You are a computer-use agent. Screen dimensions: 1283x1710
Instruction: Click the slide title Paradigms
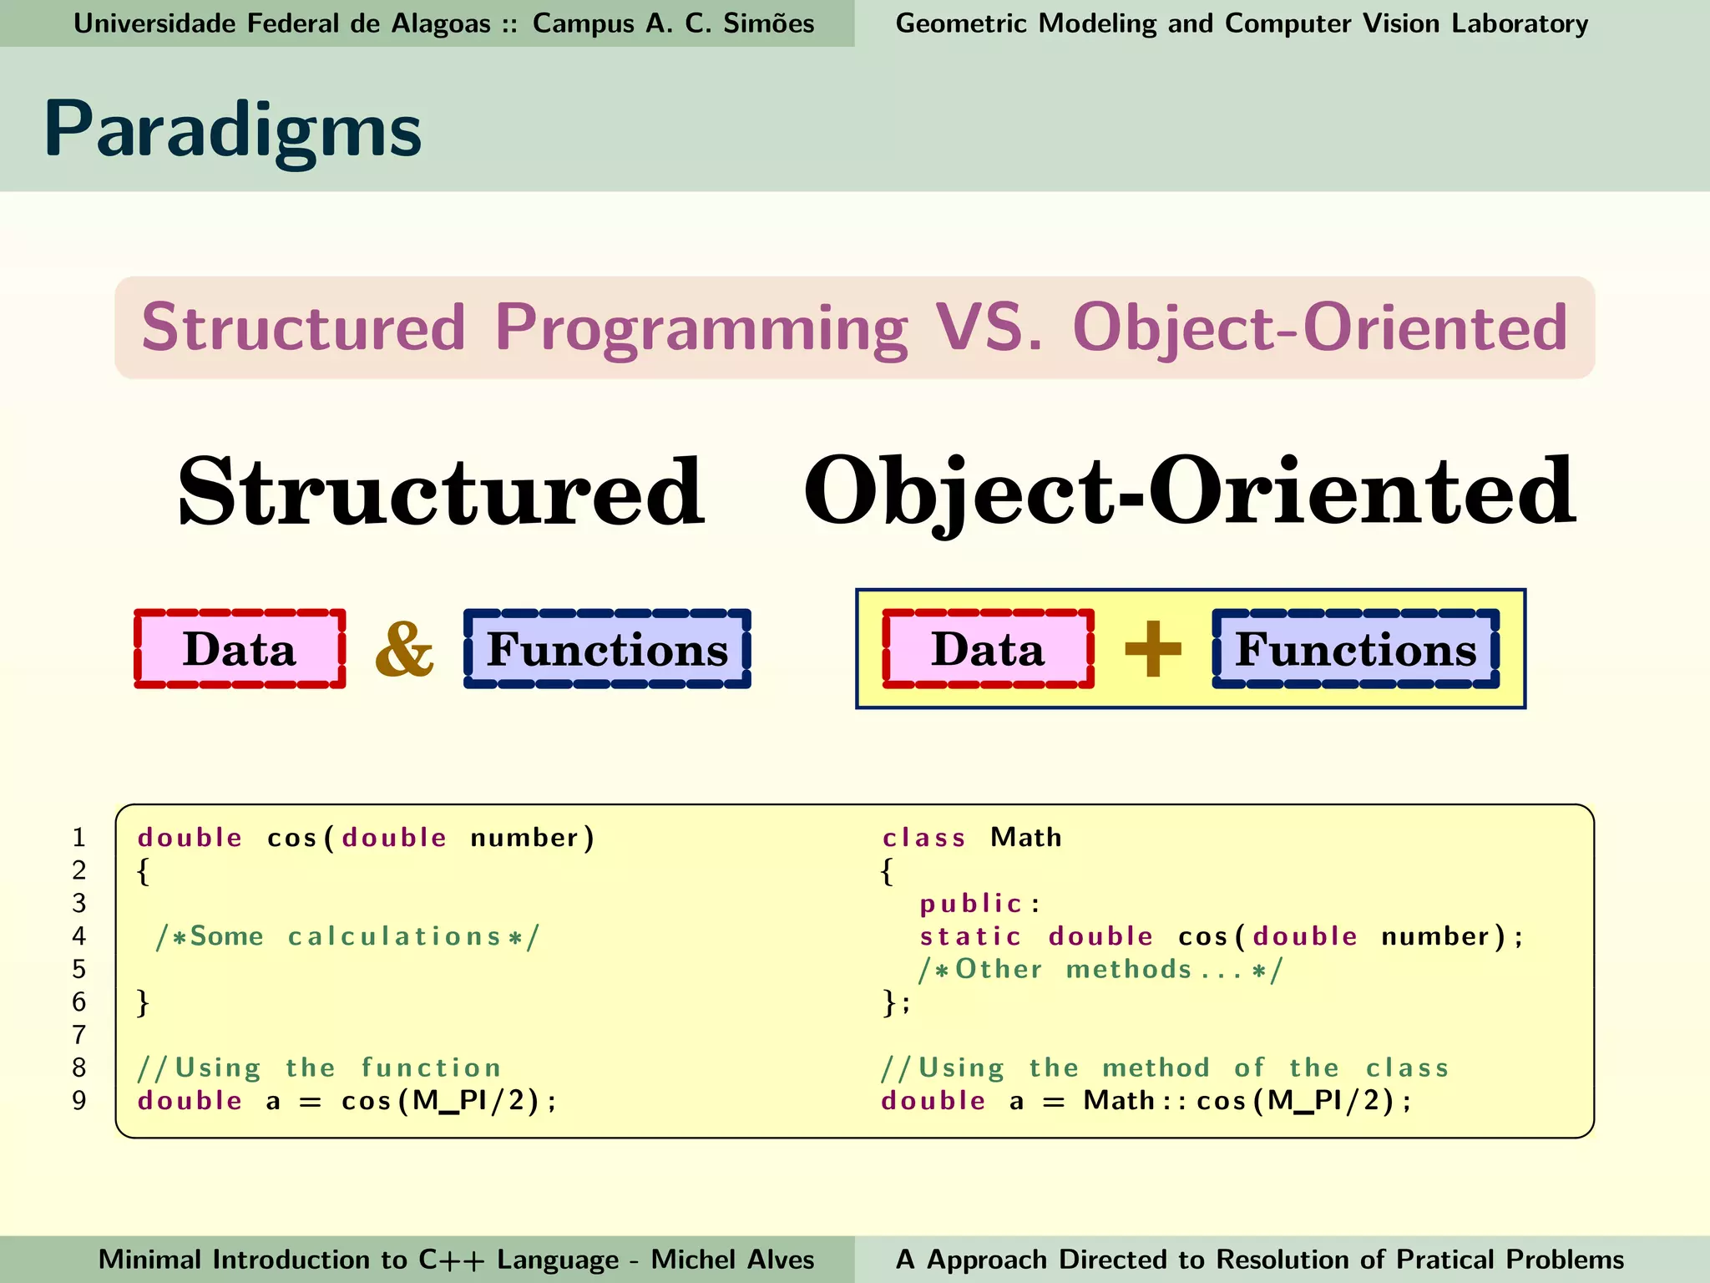click(x=232, y=130)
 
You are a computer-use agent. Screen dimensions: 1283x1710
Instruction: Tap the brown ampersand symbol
click(x=404, y=649)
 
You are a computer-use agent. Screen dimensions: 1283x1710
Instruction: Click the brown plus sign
click(x=1153, y=649)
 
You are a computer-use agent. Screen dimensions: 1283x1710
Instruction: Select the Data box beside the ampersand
click(x=240, y=649)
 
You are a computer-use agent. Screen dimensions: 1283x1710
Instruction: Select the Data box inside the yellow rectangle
click(x=988, y=649)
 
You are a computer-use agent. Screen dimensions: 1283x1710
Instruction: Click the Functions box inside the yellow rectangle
click(x=1355, y=649)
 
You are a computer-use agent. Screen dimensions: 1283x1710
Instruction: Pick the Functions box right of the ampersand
click(x=607, y=649)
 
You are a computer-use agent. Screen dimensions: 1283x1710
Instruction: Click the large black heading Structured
click(x=441, y=493)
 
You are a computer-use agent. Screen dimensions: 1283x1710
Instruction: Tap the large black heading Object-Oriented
click(x=1189, y=493)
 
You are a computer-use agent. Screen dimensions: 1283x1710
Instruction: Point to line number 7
click(x=79, y=1035)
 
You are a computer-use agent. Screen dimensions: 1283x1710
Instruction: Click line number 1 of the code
click(x=79, y=837)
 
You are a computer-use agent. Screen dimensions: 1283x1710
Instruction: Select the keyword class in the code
click(x=924, y=837)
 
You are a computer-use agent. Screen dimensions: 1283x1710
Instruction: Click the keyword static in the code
click(x=970, y=936)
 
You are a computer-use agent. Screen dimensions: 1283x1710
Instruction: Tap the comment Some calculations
click(x=347, y=936)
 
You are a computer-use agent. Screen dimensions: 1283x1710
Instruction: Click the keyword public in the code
click(x=971, y=903)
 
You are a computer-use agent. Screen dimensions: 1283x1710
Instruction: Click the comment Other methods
click(x=1100, y=969)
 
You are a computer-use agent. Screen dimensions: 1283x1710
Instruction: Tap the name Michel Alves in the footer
click(x=732, y=1260)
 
